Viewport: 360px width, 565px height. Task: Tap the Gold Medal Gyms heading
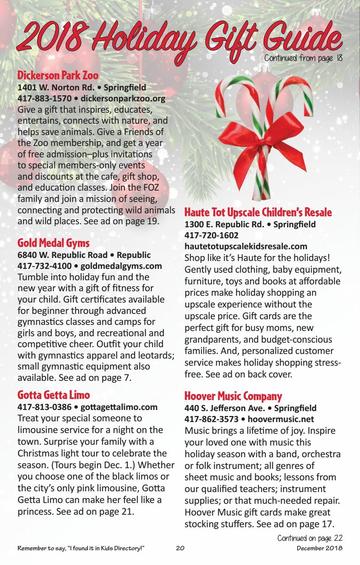coord(53,242)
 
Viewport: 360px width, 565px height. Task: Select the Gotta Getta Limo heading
coord(54,395)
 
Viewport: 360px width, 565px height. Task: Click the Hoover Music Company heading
coord(233,396)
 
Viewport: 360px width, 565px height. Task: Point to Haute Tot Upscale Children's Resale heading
coord(258,212)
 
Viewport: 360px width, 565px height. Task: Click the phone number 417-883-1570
coord(44,99)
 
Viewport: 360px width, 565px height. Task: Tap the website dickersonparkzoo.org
coord(123,99)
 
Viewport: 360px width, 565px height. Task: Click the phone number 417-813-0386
coord(44,407)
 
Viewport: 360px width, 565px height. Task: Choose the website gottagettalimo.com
coord(119,407)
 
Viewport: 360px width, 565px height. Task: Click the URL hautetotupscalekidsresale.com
coord(246,247)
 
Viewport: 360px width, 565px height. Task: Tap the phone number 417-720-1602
coord(211,235)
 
